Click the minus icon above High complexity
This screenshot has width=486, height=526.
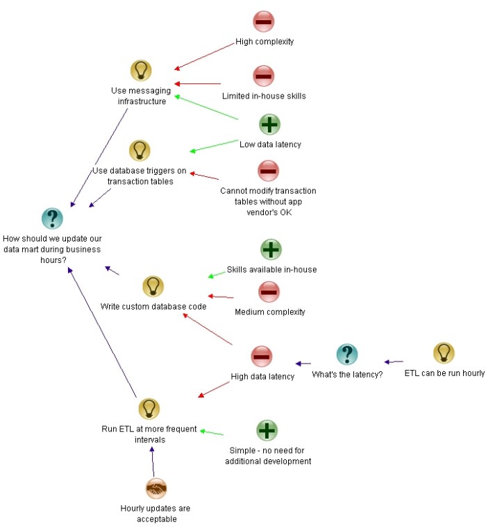click(264, 22)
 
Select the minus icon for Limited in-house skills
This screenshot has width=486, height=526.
click(264, 76)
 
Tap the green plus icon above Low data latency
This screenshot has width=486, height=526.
click(270, 125)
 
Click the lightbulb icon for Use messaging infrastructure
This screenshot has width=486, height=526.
click(141, 71)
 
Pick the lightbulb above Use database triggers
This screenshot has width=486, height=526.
click(140, 151)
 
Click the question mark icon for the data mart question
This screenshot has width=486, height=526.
click(53, 218)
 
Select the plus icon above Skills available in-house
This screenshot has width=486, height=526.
click(271, 249)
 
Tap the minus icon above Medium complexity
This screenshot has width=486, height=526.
click(269, 291)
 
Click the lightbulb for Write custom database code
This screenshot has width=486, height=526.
click(153, 286)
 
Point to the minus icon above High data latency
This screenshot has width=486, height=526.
click(262, 357)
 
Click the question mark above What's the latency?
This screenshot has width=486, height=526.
click(347, 355)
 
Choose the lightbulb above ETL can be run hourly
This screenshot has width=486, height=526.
click(444, 353)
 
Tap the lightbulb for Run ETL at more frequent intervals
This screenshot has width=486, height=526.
click(149, 409)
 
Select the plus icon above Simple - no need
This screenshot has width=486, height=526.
click(267, 430)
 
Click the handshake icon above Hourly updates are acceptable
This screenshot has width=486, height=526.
click(157, 489)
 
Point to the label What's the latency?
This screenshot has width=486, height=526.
click(347, 375)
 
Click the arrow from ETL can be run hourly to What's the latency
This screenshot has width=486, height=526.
click(394, 362)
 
